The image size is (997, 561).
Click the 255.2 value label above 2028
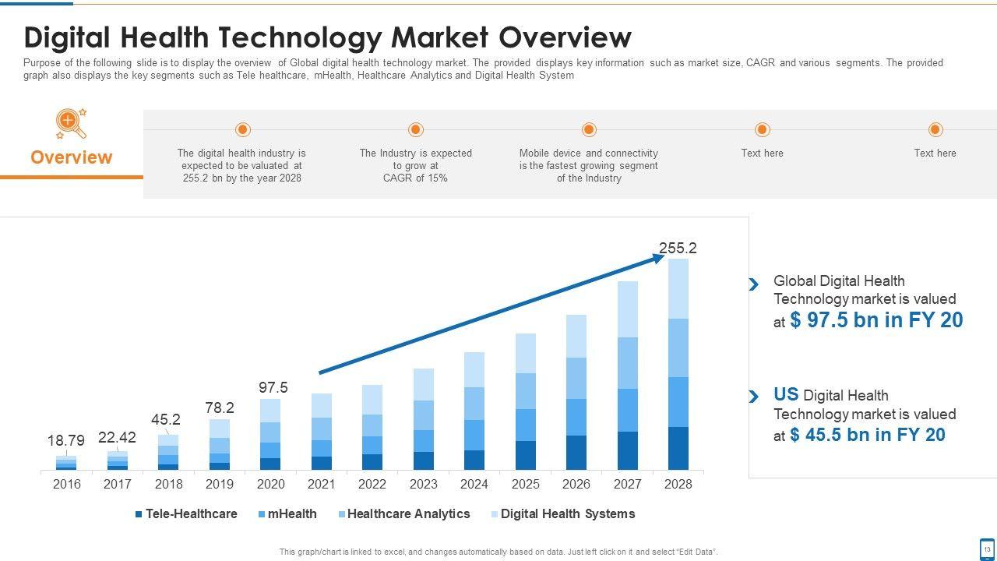pyautogui.click(x=678, y=249)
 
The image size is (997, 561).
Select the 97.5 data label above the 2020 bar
pyautogui.click(x=273, y=387)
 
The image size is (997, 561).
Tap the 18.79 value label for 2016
pyautogui.click(x=66, y=441)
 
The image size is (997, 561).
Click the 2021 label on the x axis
pyautogui.click(x=321, y=484)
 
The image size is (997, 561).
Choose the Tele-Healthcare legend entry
pyautogui.click(x=186, y=514)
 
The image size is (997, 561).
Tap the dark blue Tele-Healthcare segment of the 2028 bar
pyautogui.click(x=678, y=448)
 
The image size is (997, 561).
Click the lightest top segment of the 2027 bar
pyautogui.click(x=628, y=309)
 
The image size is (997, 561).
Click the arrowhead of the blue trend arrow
pyautogui.click(x=659, y=258)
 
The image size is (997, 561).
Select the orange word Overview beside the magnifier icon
pyautogui.click(x=72, y=157)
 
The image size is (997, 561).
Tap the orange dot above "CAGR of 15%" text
pyautogui.click(x=416, y=129)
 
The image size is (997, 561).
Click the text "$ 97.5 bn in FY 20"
pyautogui.click(x=876, y=320)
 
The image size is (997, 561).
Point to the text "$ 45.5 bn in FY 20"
pyautogui.click(x=867, y=435)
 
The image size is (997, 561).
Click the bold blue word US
pyautogui.click(x=786, y=394)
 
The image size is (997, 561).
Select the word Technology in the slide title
pyautogui.click(x=392, y=37)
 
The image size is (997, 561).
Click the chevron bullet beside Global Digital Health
pyautogui.click(x=754, y=284)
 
